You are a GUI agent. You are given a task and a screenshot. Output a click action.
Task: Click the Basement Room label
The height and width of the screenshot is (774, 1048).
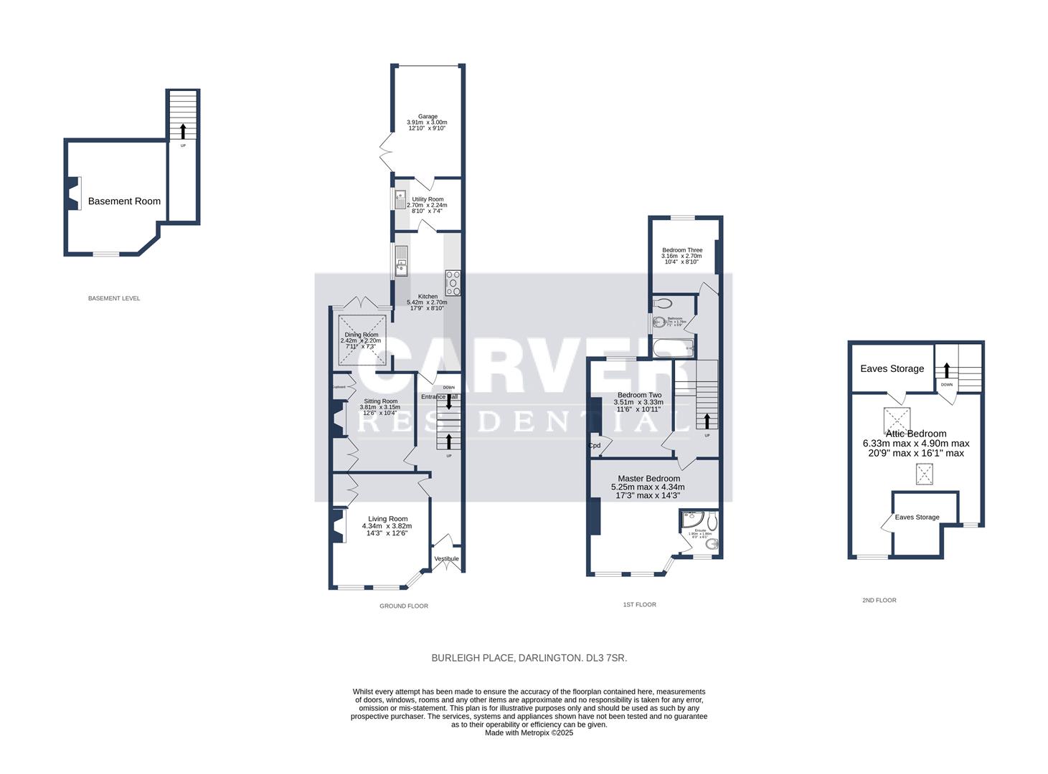(x=124, y=201)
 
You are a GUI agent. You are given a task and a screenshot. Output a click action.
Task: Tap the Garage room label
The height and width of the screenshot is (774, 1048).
(x=428, y=116)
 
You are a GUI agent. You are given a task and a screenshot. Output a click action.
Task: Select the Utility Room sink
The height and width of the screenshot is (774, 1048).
(x=400, y=198)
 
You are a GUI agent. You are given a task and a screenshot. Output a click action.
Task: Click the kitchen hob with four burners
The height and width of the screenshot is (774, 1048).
(x=453, y=283)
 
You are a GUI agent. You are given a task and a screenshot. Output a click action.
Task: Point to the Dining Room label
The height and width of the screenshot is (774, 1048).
(x=360, y=335)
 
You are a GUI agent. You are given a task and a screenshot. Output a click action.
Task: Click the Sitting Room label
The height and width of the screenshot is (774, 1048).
(x=380, y=401)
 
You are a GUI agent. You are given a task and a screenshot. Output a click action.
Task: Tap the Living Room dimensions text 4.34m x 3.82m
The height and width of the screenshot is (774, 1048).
(x=387, y=526)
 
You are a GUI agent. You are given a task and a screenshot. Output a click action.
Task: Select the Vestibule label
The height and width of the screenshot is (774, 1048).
(x=446, y=559)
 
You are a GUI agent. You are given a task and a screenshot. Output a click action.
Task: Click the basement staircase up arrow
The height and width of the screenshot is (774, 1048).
(x=183, y=130)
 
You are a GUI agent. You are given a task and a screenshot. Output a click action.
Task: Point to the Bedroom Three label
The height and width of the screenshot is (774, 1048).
(x=681, y=250)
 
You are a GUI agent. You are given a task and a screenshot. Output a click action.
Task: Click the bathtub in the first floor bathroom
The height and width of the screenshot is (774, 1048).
(x=673, y=349)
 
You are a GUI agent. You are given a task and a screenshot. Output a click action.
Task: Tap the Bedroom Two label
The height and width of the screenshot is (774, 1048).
(x=639, y=395)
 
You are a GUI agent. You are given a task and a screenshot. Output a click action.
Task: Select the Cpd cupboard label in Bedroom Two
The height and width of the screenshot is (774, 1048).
(x=595, y=446)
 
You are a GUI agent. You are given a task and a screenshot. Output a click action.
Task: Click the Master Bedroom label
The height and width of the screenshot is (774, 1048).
(x=648, y=478)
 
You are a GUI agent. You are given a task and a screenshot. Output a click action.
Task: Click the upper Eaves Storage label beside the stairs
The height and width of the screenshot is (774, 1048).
(x=892, y=368)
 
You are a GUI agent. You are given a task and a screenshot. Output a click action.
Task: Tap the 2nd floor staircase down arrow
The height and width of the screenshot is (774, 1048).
(x=947, y=370)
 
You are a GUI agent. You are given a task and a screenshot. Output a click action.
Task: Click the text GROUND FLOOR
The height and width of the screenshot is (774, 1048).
(x=404, y=606)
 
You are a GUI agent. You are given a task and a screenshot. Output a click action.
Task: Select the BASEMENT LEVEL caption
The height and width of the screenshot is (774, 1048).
(x=114, y=298)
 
